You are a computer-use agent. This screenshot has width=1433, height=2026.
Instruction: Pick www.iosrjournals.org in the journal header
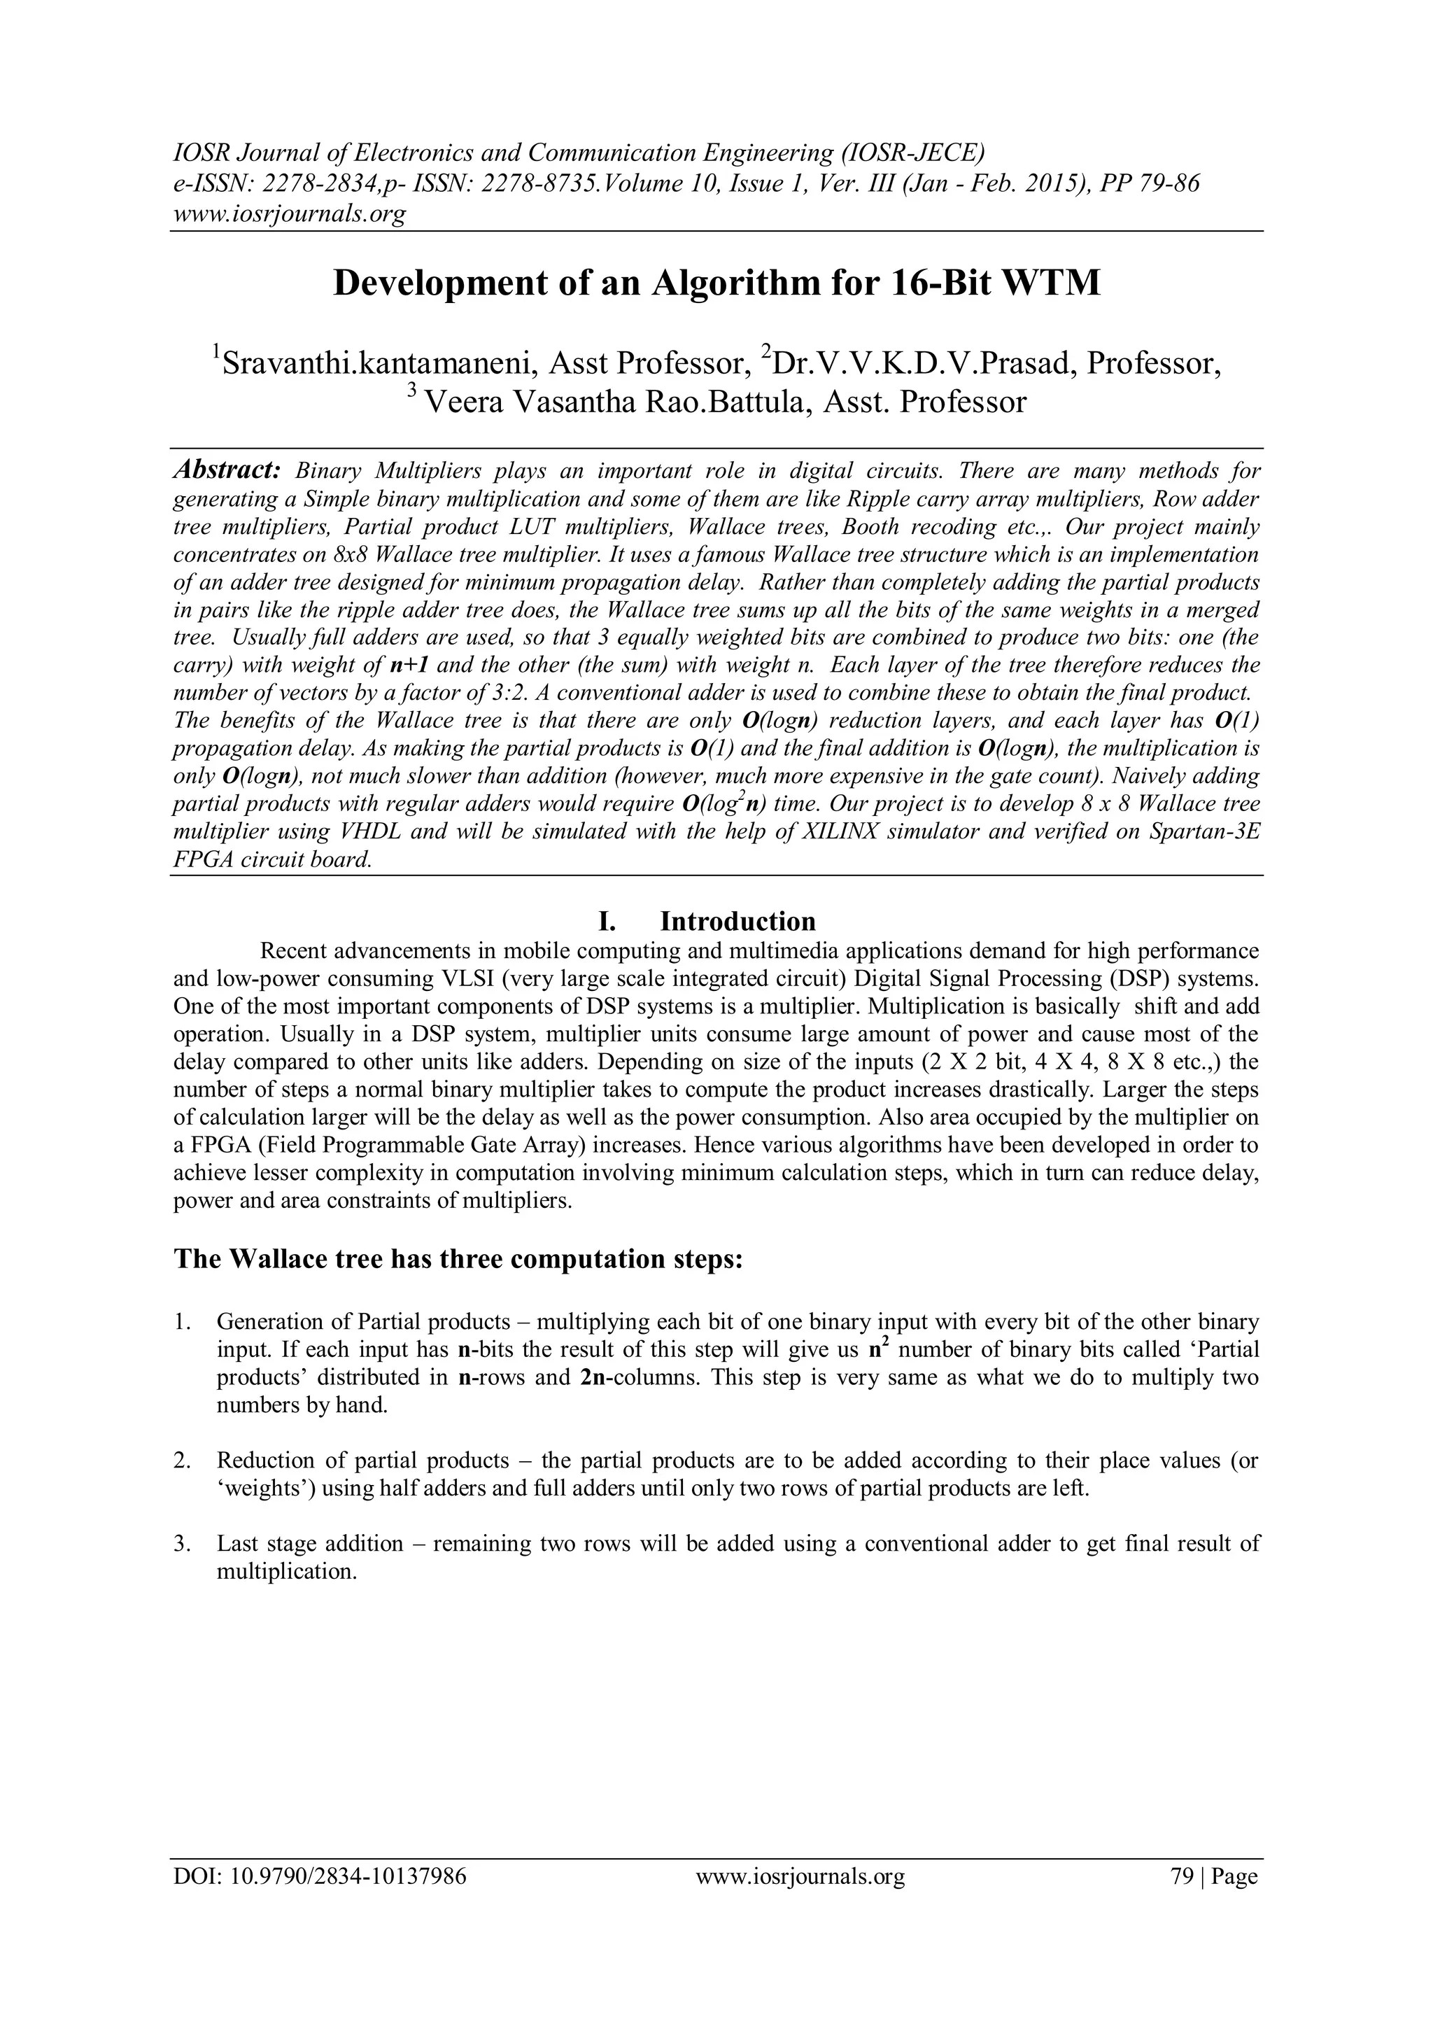click(x=288, y=213)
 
